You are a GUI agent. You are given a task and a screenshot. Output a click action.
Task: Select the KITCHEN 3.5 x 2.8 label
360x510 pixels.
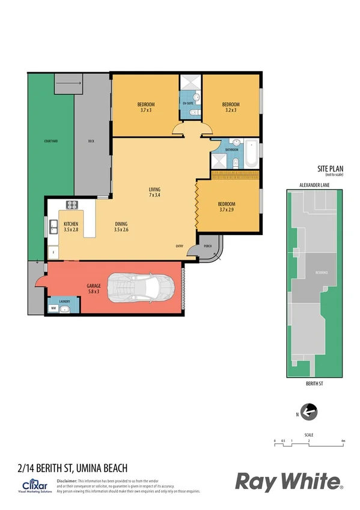pyautogui.click(x=72, y=227)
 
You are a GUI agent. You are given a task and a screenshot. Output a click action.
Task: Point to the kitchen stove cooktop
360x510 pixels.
pyautogui.click(x=73, y=204)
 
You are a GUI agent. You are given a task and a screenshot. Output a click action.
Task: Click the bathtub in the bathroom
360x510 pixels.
pyautogui.click(x=251, y=155)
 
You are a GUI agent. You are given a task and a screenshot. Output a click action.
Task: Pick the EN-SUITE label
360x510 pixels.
pyautogui.click(x=188, y=104)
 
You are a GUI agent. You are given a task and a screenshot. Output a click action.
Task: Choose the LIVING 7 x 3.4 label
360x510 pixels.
pyautogui.click(x=154, y=192)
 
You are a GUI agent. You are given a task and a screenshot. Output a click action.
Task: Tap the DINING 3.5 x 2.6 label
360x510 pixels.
pyautogui.click(x=122, y=227)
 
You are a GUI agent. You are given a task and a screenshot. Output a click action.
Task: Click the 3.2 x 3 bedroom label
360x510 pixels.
pyautogui.click(x=231, y=107)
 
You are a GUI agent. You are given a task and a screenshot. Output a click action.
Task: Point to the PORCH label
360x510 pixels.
pyautogui.click(x=208, y=245)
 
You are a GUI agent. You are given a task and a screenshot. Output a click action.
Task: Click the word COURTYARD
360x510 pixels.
pyautogui.click(x=50, y=141)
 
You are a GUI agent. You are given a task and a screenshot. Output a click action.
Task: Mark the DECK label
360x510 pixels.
pyautogui.click(x=91, y=141)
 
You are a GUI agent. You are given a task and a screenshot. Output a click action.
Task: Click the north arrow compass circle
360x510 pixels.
pyautogui.click(x=308, y=413)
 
